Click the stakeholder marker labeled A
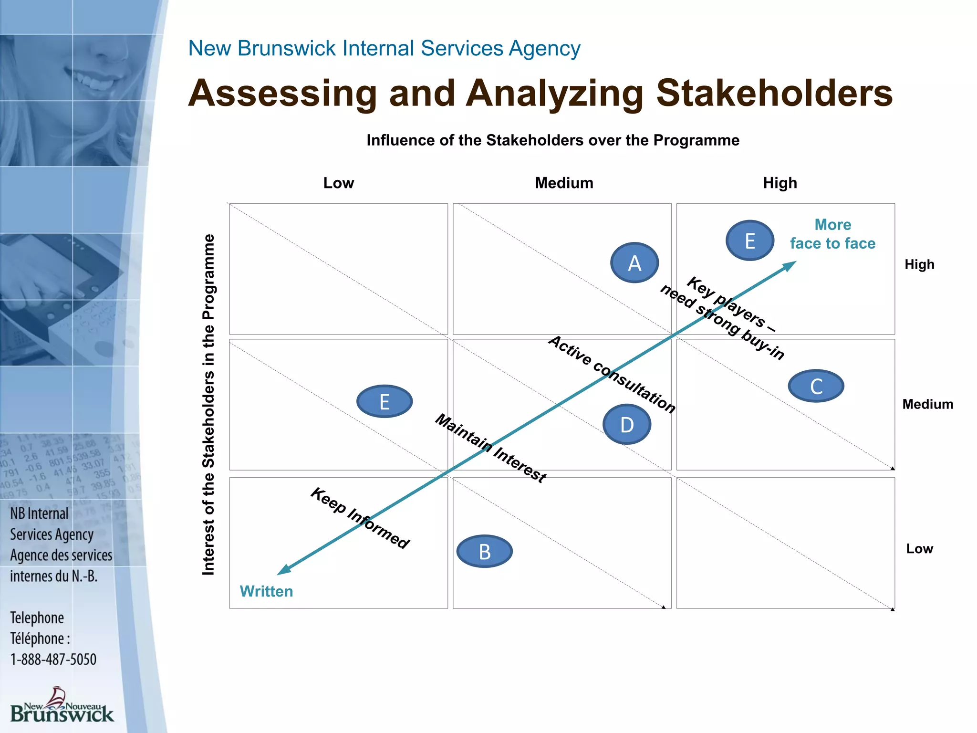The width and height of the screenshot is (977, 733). (634, 263)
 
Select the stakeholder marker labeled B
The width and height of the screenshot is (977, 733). (485, 552)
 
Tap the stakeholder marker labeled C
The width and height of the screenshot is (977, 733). (816, 386)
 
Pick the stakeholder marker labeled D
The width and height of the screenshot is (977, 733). (627, 424)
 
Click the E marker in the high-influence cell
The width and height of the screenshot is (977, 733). (750, 241)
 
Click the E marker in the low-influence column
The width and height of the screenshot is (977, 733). (385, 402)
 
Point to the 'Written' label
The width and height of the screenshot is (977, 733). (266, 591)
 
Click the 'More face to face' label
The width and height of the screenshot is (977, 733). (832, 234)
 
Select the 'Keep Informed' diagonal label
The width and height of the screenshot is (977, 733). (360, 518)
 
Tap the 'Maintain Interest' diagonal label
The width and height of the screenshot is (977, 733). (491, 448)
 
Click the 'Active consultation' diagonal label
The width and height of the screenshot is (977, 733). (612, 374)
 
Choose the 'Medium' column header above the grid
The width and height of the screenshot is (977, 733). (564, 183)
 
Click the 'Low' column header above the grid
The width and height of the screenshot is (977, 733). (339, 183)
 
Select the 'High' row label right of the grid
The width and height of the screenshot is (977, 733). (919, 264)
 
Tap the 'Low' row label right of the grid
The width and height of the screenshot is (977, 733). (919, 549)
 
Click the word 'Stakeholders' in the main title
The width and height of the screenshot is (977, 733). (774, 93)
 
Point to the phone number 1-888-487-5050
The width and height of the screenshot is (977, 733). (53, 660)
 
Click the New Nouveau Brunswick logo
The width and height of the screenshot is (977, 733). (62, 705)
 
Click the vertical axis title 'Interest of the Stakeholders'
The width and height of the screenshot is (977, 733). (208, 404)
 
